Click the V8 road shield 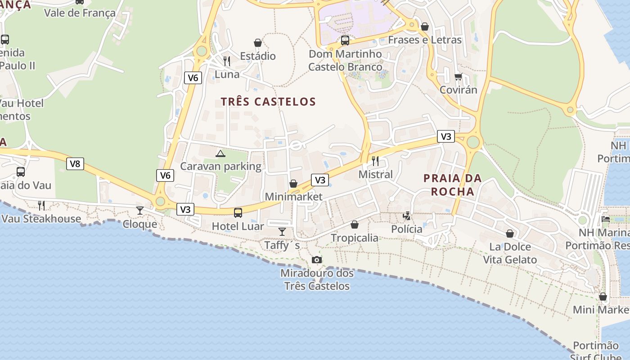click(x=75, y=164)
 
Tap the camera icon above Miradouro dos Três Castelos click(x=317, y=260)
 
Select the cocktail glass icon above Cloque click(x=140, y=211)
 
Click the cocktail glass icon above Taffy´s click(x=282, y=232)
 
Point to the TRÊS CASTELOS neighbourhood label click(x=268, y=102)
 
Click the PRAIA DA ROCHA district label click(x=453, y=185)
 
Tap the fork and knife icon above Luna click(x=227, y=61)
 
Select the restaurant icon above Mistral click(x=375, y=161)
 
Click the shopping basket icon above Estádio click(x=258, y=43)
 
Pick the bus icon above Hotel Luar click(x=238, y=213)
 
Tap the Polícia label click(x=407, y=229)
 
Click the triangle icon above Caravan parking click(x=220, y=154)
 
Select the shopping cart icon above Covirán click(x=458, y=76)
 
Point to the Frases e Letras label click(x=425, y=40)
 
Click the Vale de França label click(x=80, y=13)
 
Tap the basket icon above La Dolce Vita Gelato click(x=510, y=234)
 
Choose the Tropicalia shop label click(x=355, y=238)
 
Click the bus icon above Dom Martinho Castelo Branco click(x=345, y=40)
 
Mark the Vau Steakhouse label click(x=41, y=219)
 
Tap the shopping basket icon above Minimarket click(x=293, y=184)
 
